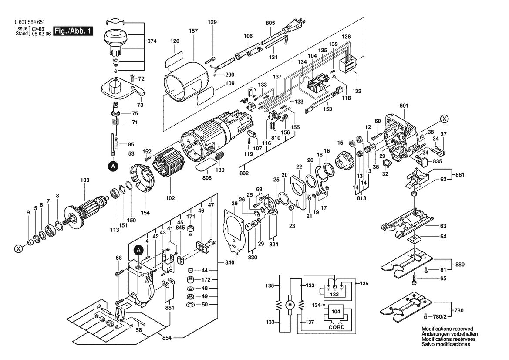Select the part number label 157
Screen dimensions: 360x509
coord(193,31)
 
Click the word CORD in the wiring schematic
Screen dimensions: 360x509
coord(336,327)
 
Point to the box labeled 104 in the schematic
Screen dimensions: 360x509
coord(336,312)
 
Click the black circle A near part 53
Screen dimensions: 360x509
coord(113,166)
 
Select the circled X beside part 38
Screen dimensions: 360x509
coord(444,119)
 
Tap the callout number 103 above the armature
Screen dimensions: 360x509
coord(84,180)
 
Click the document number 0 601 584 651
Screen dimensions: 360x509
coord(30,22)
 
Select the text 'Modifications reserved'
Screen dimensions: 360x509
coord(447,329)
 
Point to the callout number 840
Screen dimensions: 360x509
coord(229,263)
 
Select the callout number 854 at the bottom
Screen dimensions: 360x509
coord(167,338)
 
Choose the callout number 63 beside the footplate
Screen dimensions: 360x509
coord(443,226)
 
